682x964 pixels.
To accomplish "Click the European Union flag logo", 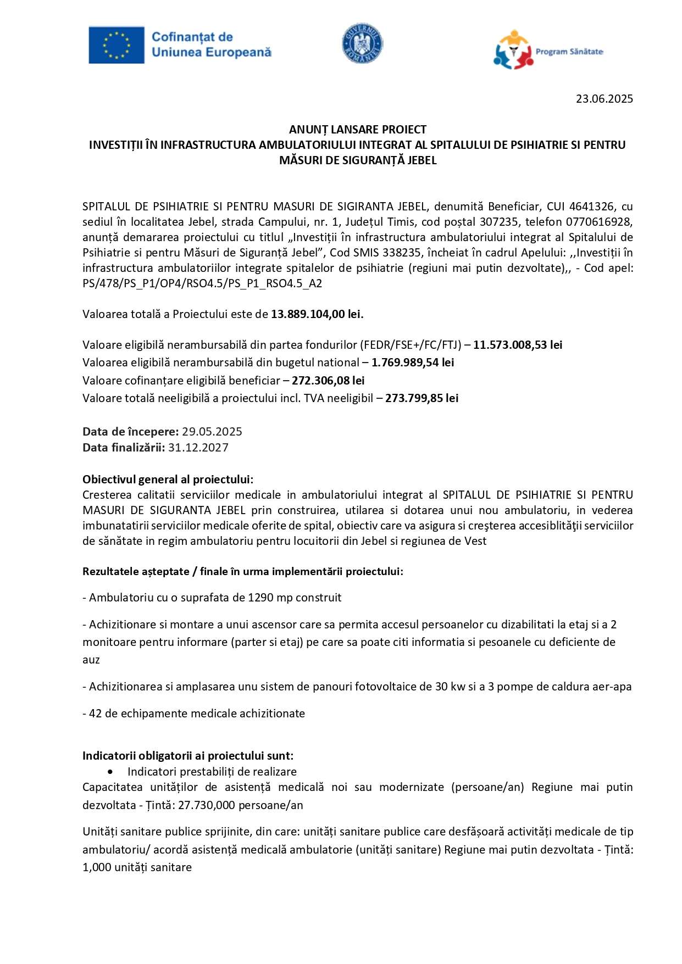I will (117, 45).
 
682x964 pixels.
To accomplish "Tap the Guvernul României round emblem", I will (362, 43).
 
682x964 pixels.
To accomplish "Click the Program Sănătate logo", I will (548, 50).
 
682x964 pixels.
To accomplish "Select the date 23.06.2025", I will (604, 99).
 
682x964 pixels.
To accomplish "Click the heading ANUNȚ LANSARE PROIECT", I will (358, 130).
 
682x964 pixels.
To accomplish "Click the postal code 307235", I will (498, 222).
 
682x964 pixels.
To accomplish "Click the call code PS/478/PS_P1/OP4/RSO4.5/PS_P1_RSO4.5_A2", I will (202, 283).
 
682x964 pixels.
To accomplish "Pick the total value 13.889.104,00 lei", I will (317, 314).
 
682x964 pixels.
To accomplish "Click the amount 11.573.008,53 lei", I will (518, 345).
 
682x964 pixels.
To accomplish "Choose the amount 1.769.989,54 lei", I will (413, 363).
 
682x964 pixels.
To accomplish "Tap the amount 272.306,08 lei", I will (328, 381).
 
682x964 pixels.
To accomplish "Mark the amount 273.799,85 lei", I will (422, 398).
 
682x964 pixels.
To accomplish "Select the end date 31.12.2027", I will (198, 448).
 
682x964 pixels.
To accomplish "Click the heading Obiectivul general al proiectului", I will (168, 480).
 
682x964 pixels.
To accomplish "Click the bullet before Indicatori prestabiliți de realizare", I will (111, 772).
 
